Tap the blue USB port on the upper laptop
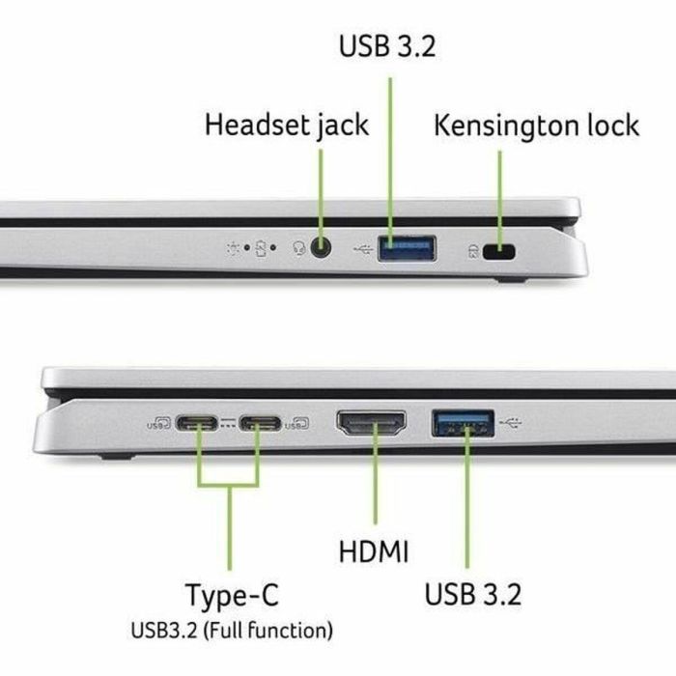pyautogui.click(x=406, y=248)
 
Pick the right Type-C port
pyautogui.click(x=260, y=422)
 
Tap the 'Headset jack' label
pyautogui.click(x=287, y=125)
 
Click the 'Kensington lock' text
pyautogui.click(x=536, y=125)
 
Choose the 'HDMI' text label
pyautogui.click(x=374, y=551)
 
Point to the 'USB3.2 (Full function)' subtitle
pyautogui.click(x=232, y=632)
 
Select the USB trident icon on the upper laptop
pyautogui.click(x=362, y=249)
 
